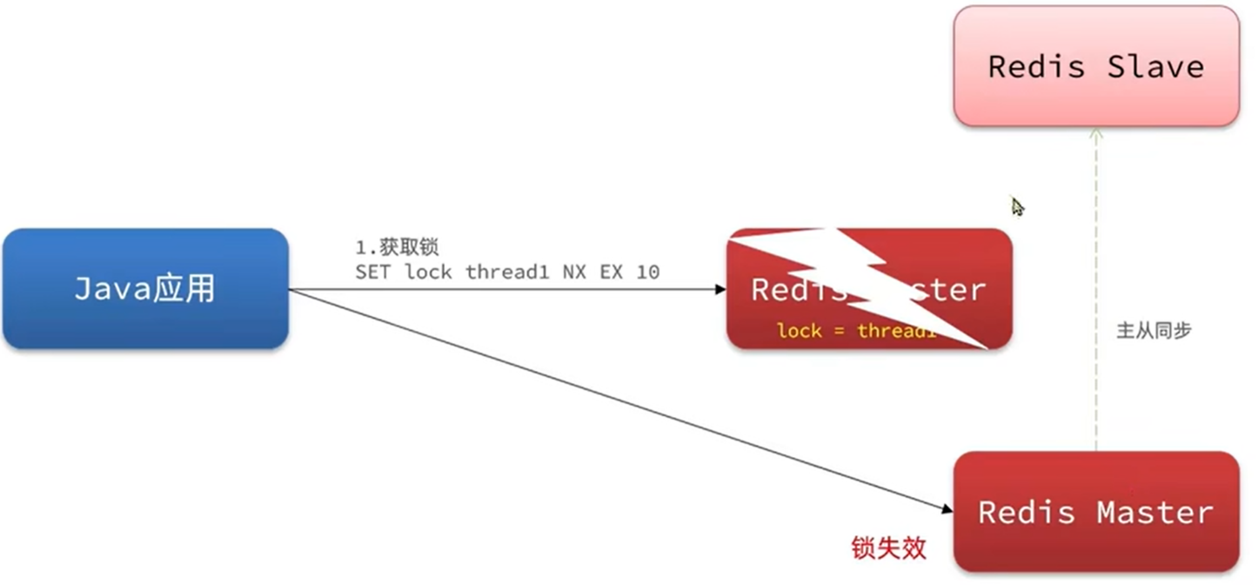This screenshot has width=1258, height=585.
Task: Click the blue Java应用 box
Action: click(145, 289)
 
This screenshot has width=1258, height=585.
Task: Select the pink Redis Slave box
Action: click(1095, 66)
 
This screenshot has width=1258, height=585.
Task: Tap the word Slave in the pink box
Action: click(1155, 66)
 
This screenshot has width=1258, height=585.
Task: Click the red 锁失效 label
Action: click(888, 548)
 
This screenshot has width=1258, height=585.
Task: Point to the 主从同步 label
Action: click(1154, 331)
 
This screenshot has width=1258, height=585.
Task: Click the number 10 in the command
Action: click(647, 272)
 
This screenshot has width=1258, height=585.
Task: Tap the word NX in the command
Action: click(573, 272)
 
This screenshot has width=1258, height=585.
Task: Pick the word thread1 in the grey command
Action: click(502, 272)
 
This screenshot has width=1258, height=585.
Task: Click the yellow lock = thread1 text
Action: click(857, 331)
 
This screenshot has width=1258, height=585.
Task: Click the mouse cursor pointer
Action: click(1016, 206)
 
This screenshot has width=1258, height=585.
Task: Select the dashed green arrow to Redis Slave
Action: click(1096, 287)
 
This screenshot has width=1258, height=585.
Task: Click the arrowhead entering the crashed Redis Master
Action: click(720, 289)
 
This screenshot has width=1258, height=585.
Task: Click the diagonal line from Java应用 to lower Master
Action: click(609, 397)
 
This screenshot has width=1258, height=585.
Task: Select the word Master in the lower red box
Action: click(1154, 512)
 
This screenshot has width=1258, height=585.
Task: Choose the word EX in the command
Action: click(612, 272)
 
